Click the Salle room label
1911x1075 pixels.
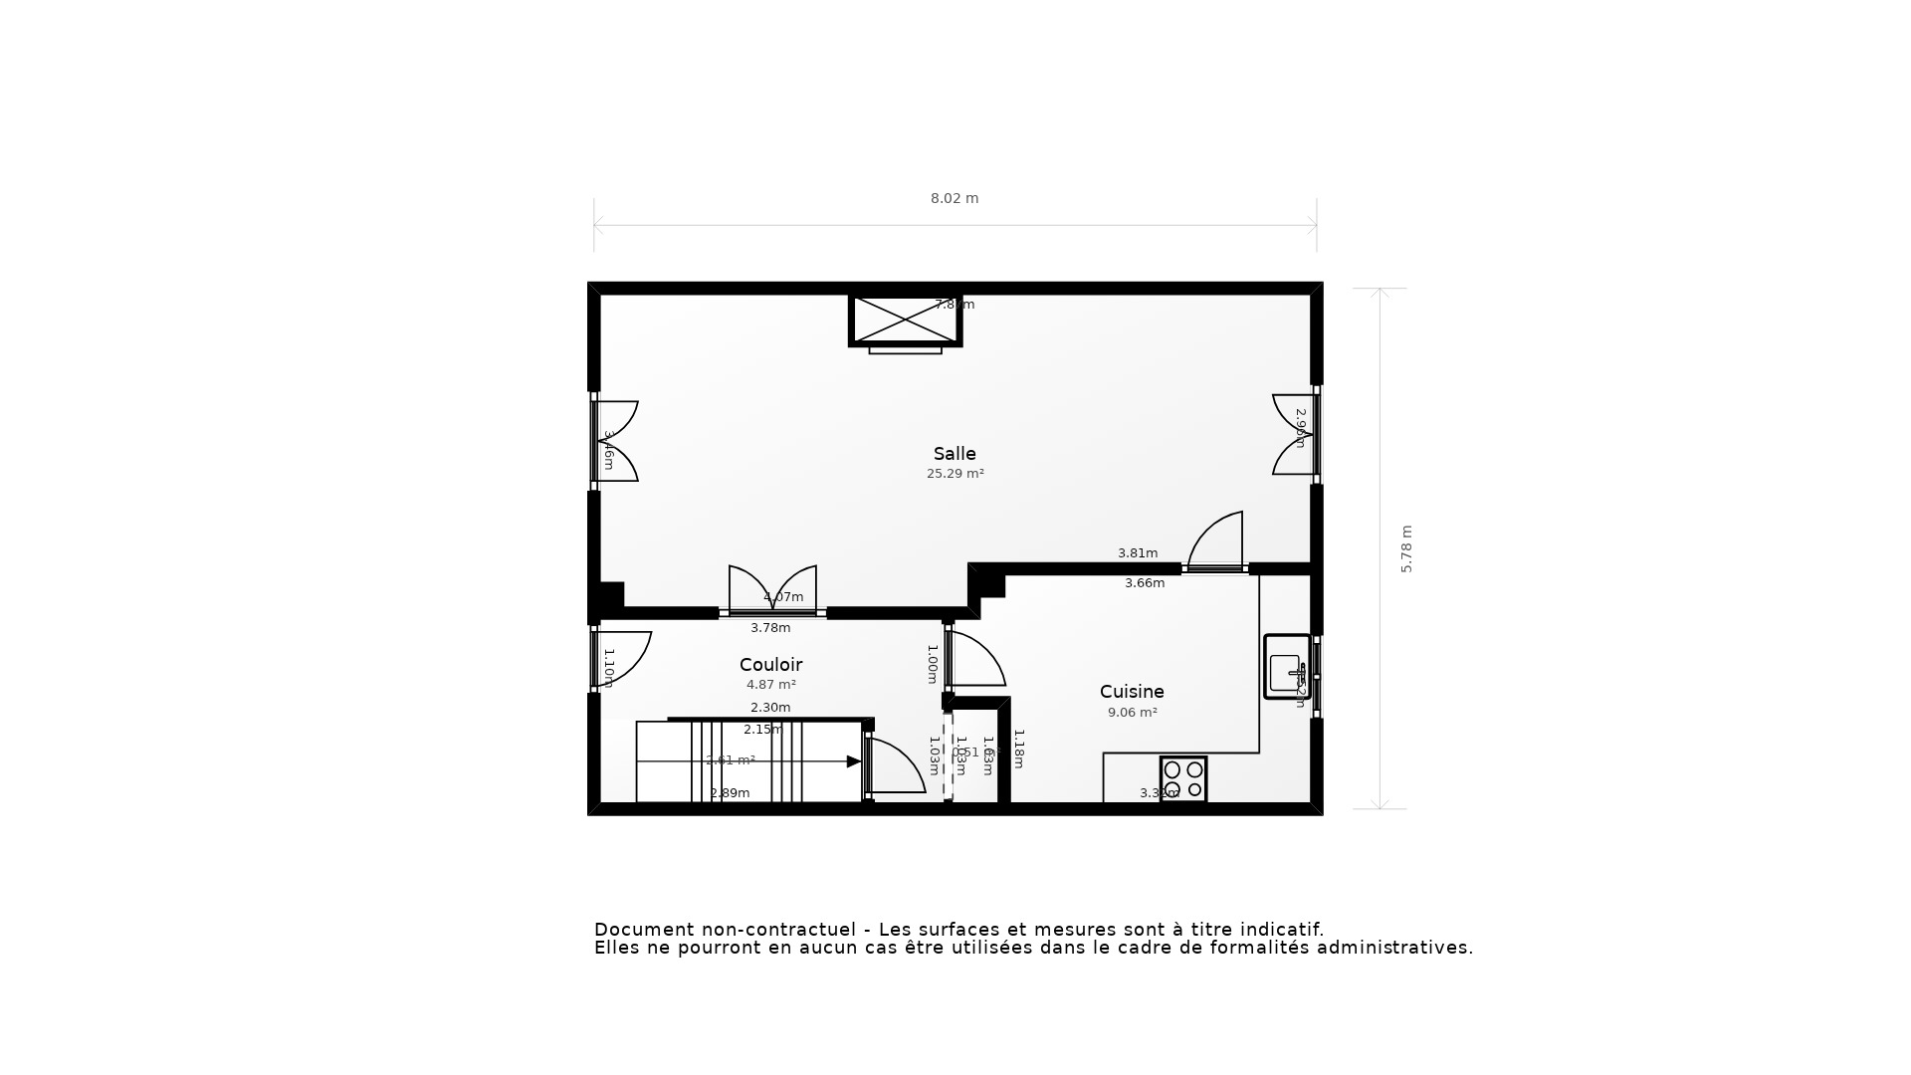coord(954,454)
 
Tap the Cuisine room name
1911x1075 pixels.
coord(1132,692)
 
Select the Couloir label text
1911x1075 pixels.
coord(770,665)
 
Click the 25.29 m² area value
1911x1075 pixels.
coord(955,474)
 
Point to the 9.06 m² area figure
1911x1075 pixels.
coord(1132,713)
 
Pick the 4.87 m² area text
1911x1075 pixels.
coord(770,685)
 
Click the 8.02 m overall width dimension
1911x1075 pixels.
coord(954,198)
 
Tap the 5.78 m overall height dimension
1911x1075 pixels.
coord(1406,548)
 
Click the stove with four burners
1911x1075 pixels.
coord(1182,779)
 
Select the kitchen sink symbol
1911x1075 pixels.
coord(1286,667)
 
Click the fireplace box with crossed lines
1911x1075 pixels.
coord(905,320)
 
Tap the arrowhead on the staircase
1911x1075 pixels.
coord(853,761)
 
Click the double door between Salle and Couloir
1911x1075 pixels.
coord(772,590)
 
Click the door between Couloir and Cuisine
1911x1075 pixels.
coord(973,660)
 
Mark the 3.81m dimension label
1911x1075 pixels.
coord(1137,553)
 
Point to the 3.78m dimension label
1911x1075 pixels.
coord(769,628)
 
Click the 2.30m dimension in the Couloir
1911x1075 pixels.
coord(769,708)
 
